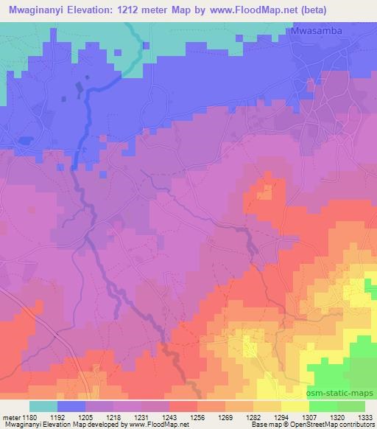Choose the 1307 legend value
tap(309, 416)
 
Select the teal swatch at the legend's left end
tap(43, 406)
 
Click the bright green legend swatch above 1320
tap(323, 406)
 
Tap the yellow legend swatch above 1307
tap(295, 406)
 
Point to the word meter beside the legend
tap(10, 416)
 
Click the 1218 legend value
tap(114, 416)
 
